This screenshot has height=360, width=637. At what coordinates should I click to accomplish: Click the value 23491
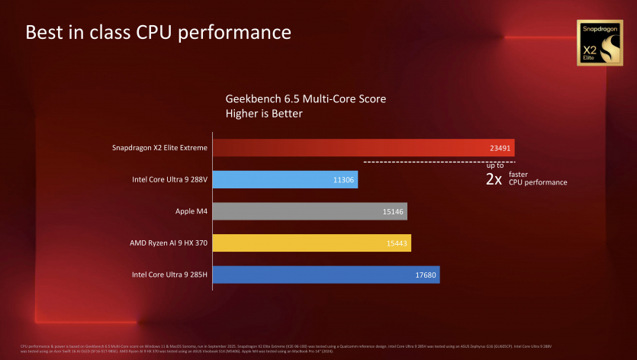coord(501,148)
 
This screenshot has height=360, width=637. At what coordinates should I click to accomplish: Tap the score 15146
coord(394,212)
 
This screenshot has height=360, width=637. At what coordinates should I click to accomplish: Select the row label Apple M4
coord(188,212)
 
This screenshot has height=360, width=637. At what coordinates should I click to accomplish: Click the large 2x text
coord(494,180)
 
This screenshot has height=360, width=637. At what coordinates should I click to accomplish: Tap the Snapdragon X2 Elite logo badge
coord(598,43)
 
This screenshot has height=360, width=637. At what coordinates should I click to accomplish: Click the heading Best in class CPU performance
coord(158,33)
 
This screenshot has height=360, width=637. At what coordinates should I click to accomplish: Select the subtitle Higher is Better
coord(264,114)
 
